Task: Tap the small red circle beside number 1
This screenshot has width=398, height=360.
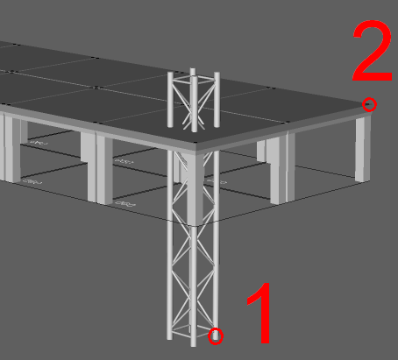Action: point(217,335)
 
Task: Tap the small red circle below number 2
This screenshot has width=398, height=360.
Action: point(370,105)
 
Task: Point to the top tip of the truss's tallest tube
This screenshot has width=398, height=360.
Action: point(193,70)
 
